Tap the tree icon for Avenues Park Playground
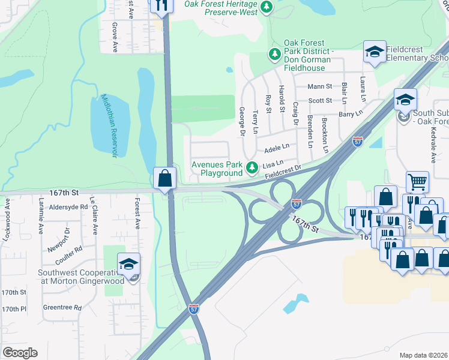tap(253, 166)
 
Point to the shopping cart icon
tap(417, 181)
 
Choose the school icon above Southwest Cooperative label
tap(129, 264)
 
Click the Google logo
tap(20, 353)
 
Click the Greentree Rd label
tap(62, 308)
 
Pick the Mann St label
tap(319, 87)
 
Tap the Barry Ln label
tap(351, 113)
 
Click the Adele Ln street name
tap(277, 146)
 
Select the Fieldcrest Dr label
tap(282, 172)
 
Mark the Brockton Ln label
tap(325, 134)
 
